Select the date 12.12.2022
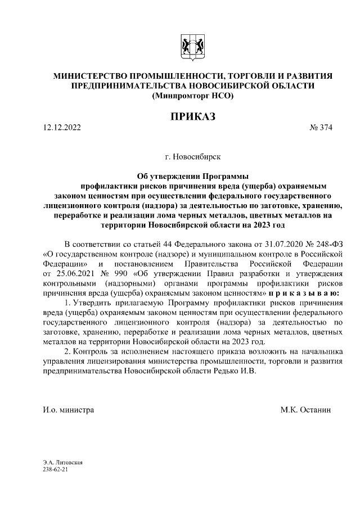pos(62,128)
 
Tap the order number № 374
pos(321,128)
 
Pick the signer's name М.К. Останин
pos(307,410)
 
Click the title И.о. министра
pos(68,410)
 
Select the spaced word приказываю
pos(303,293)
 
